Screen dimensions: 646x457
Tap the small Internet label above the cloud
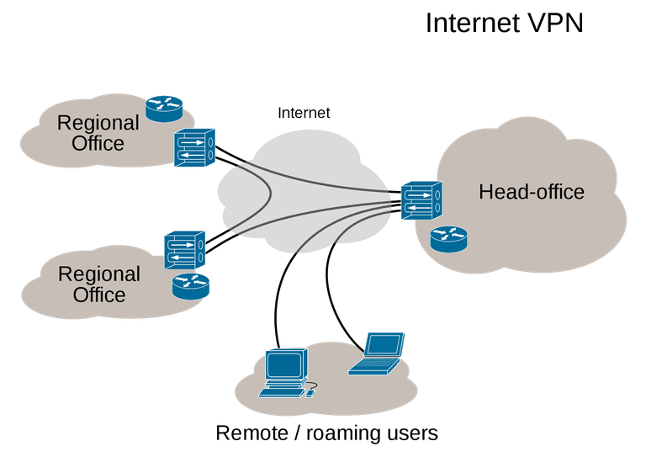coord(304,113)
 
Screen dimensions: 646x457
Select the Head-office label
coord(532,192)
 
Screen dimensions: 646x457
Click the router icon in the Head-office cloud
coord(448,239)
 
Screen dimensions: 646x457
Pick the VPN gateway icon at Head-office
coord(421,200)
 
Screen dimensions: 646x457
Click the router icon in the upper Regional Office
coord(164,109)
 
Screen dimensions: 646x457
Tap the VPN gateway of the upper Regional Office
coord(194,147)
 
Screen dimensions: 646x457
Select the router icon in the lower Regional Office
coord(191,286)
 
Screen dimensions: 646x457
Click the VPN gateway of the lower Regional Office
coord(184,250)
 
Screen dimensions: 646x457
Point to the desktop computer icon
coord(288,374)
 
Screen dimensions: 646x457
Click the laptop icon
coord(376,353)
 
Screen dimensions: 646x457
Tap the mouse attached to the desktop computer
coord(310,394)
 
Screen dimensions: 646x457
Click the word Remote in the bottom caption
coord(252,433)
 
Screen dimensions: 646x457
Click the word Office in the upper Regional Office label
coord(98,143)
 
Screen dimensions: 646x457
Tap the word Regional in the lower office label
coord(99,275)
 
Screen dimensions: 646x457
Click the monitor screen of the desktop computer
coord(283,364)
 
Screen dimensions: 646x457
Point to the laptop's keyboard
coord(373,365)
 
